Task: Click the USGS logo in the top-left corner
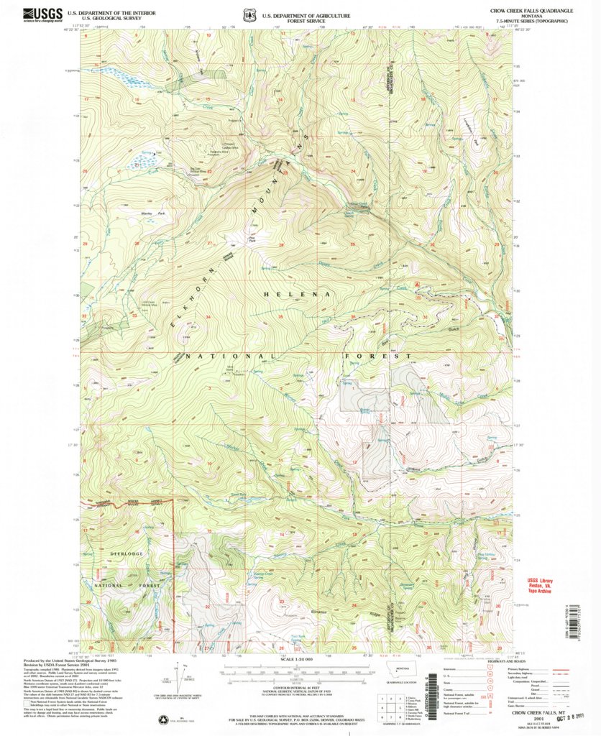point(42,14)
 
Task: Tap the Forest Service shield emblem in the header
point(249,15)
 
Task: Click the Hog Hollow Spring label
point(476,555)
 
